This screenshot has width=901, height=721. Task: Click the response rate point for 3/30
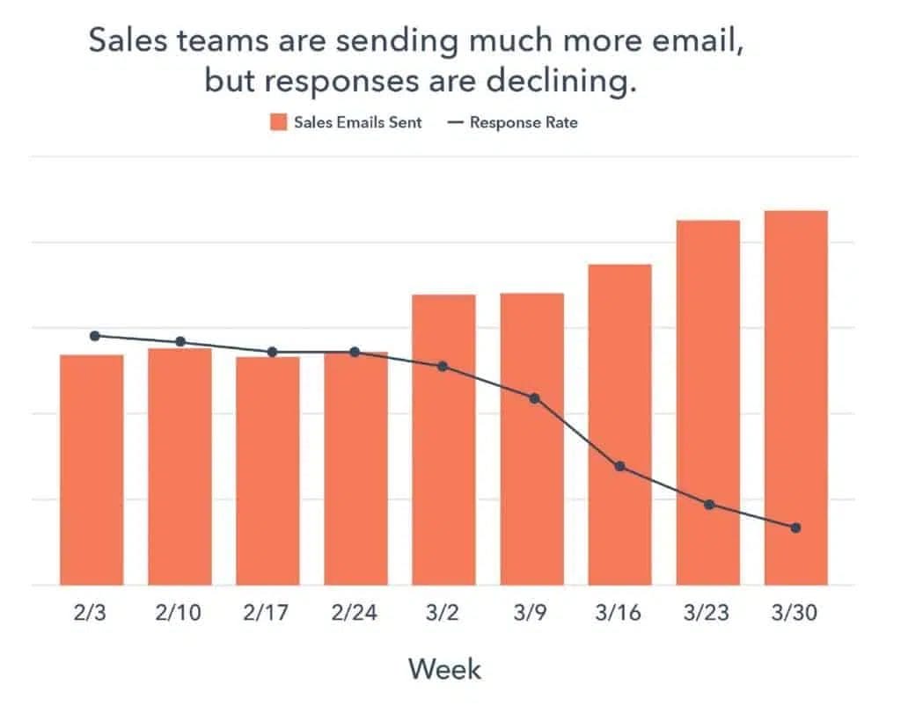point(795,528)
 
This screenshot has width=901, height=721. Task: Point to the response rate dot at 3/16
point(619,466)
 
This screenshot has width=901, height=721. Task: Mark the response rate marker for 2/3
point(95,335)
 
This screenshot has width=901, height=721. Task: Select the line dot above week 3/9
point(534,398)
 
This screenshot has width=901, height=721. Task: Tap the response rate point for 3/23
point(708,504)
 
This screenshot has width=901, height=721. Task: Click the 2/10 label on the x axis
point(179,613)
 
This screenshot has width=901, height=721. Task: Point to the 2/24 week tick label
point(355,613)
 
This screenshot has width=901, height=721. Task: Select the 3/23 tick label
point(708,613)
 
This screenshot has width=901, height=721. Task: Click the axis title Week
point(445,669)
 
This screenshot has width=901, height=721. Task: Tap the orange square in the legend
point(278,123)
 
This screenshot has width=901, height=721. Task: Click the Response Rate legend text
point(524,123)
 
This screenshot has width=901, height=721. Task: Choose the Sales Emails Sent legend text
point(358,123)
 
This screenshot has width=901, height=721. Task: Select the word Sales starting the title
point(128,42)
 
